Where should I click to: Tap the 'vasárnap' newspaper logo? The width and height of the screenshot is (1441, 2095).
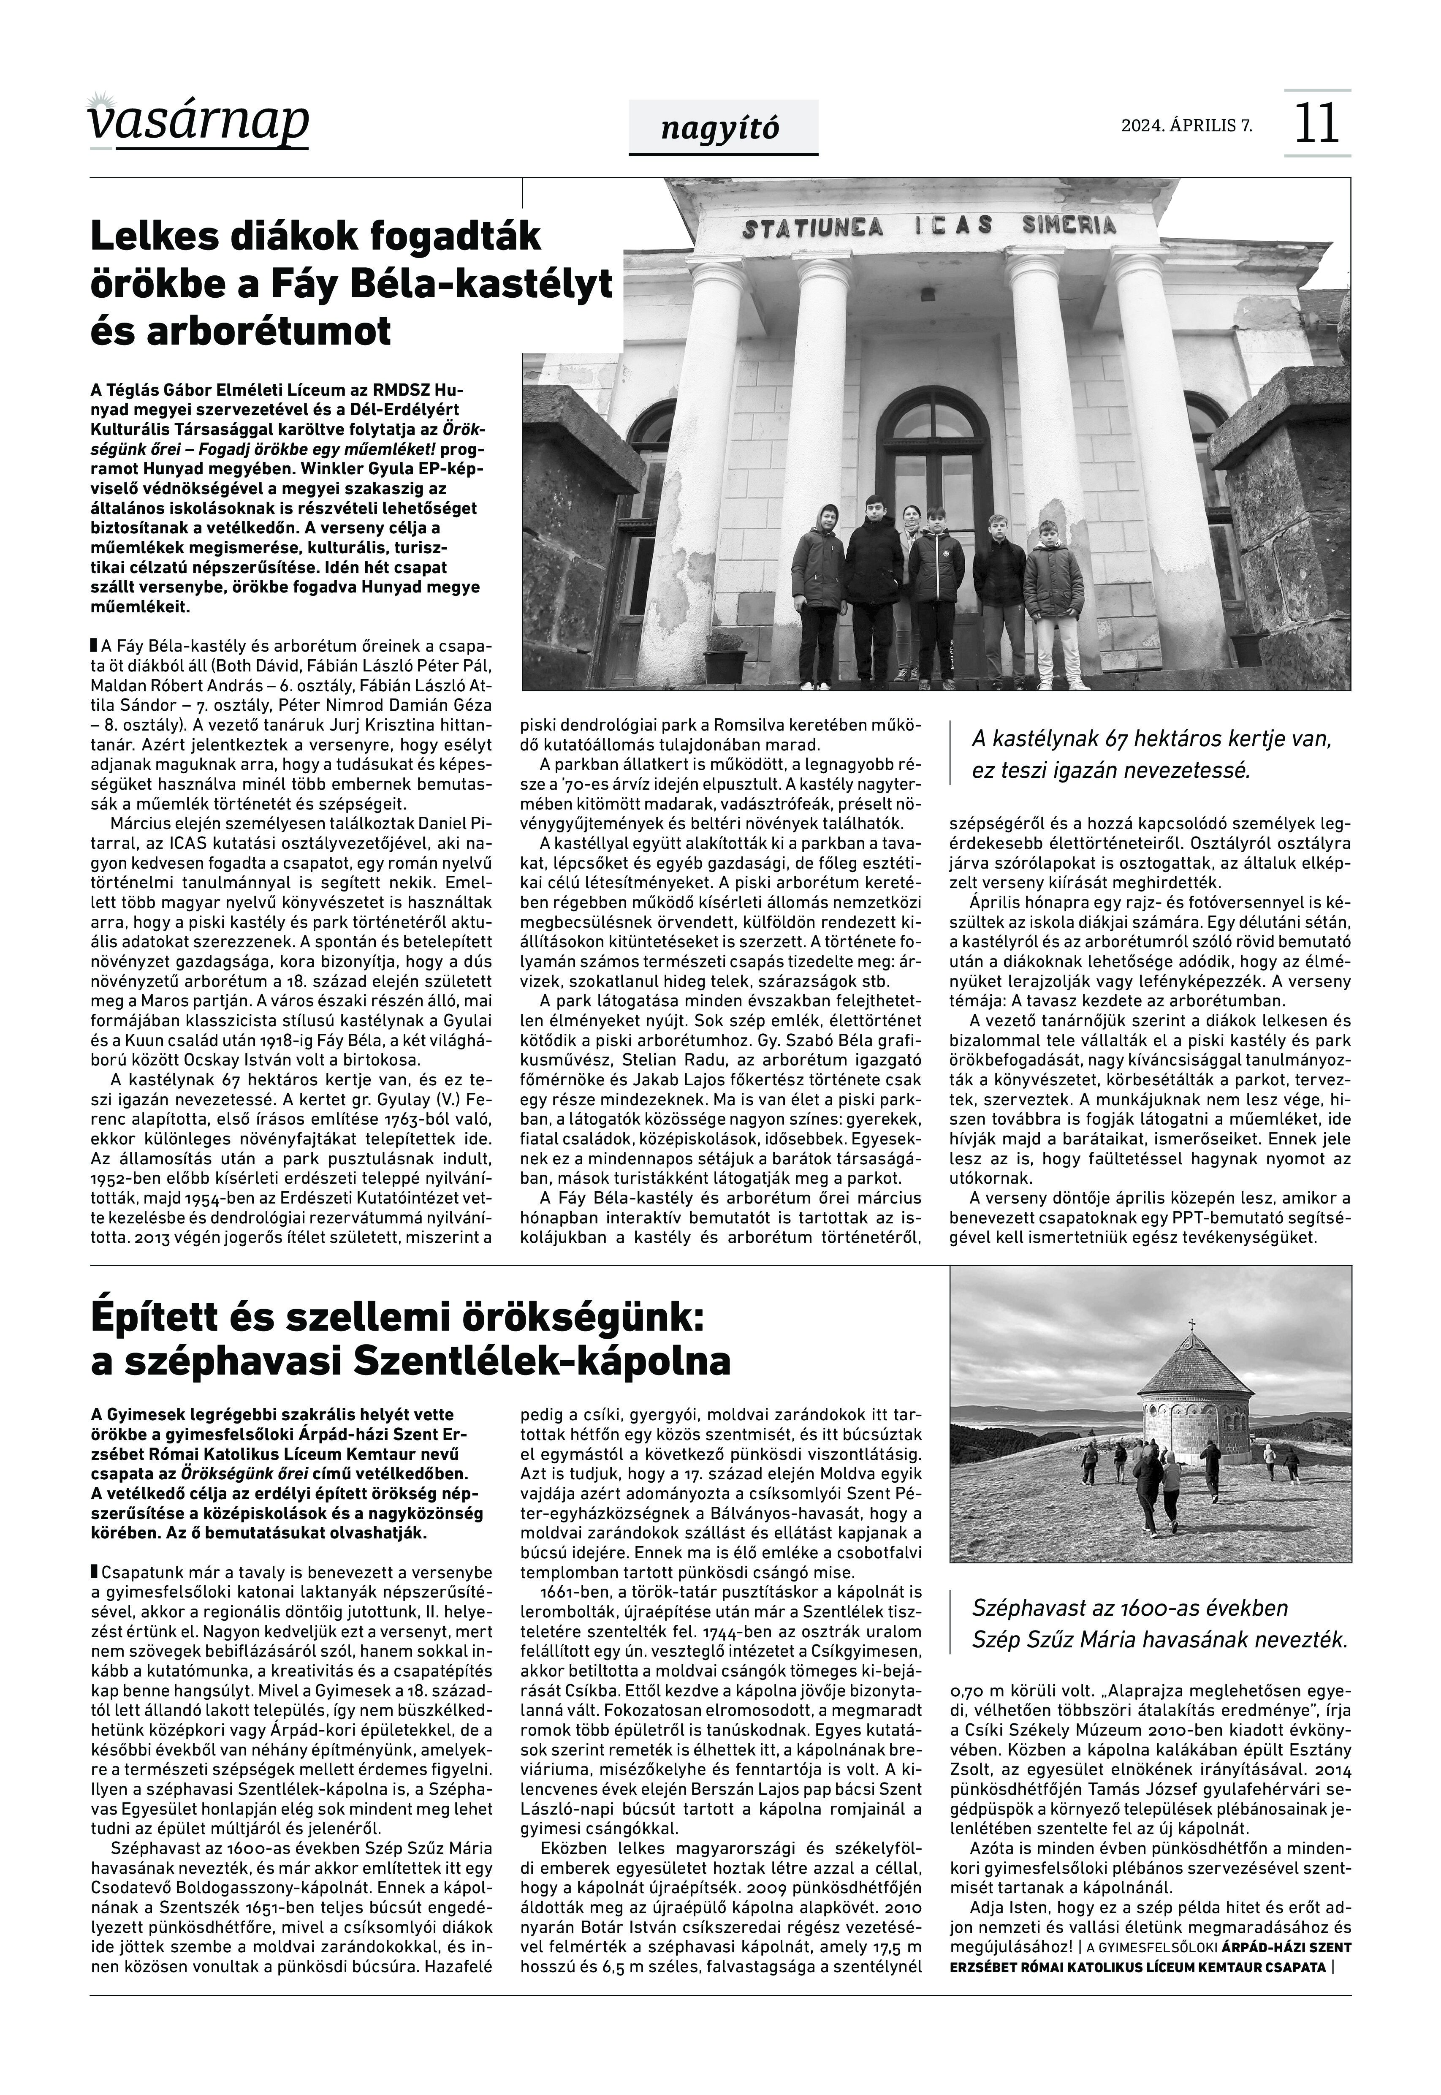point(198,122)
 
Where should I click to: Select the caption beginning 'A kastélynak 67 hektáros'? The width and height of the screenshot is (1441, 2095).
point(1151,755)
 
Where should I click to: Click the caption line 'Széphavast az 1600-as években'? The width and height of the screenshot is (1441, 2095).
point(1129,1608)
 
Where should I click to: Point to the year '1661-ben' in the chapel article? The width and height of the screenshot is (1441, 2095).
point(571,1591)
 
